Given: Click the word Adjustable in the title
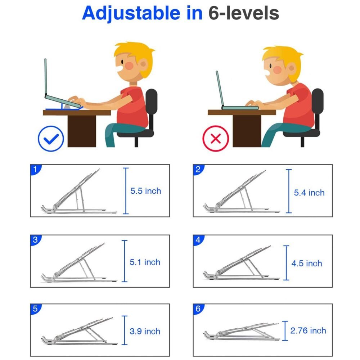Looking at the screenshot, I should pos(142,13).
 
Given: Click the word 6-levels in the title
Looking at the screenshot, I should pos(244,13).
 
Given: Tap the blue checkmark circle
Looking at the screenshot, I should pos(51,138).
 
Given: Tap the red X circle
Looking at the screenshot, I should pos(216,138).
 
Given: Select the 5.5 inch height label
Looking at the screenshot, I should pos(145,191).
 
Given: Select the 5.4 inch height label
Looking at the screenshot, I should pos(309,193).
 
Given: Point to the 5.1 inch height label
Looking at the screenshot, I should pos(145,262).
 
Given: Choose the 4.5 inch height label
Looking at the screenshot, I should pos(306,263).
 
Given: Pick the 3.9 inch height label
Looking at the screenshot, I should pos(145,331).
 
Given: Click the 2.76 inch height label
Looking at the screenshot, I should pos(308,330).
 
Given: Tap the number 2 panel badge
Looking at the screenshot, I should pos(198,170).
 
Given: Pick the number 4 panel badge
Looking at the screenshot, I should pos(198,240).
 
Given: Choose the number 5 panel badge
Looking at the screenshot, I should pos(35,309).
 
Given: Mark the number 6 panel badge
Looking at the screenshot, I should pos(198,309).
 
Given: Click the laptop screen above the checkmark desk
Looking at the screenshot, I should pos(46,77).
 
